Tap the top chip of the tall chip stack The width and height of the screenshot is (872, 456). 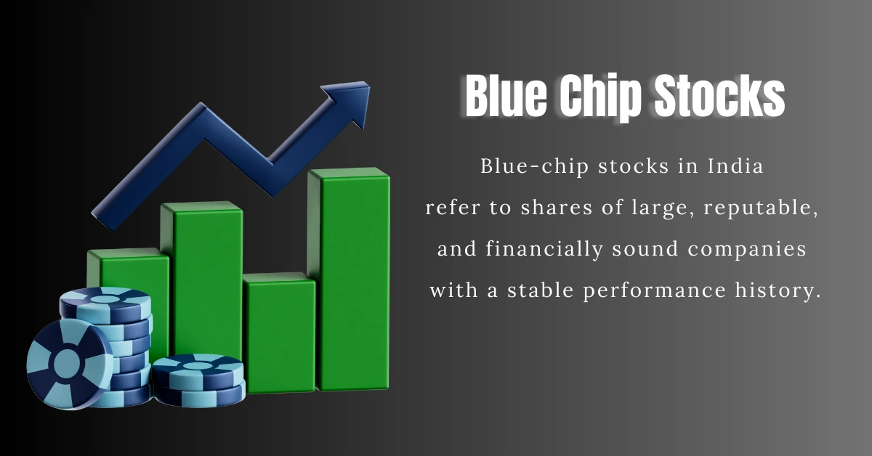pyautogui.click(x=105, y=298)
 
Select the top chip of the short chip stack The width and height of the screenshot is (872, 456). pyautogui.click(x=198, y=363)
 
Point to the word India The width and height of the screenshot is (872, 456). pyautogui.click(x=735, y=166)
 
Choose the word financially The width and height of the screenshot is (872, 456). pyautogui.click(x=538, y=249)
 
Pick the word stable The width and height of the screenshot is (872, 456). pyautogui.click(x=530, y=290)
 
